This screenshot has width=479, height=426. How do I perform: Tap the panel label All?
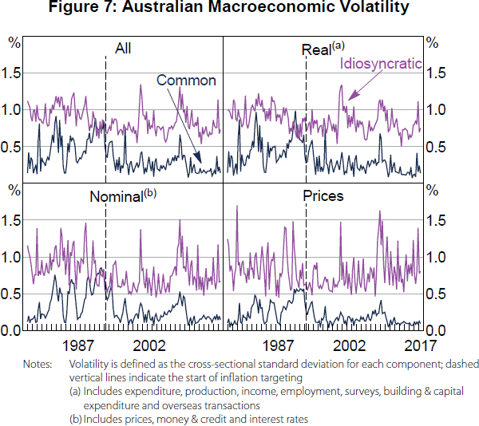click(x=123, y=49)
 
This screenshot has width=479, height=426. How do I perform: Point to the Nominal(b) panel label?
click(x=121, y=195)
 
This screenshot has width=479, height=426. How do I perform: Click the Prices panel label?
click(x=323, y=195)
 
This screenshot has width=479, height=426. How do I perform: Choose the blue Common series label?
click(x=186, y=80)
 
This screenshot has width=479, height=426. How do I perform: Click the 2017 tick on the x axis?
click(x=418, y=345)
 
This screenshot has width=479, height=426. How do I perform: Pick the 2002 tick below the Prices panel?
click(x=348, y=345)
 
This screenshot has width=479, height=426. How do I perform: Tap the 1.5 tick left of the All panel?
click(x=11, y=73)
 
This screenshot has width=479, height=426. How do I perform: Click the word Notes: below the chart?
click(x=39, y=364)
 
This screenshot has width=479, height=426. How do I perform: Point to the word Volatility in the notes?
click(x=93, y=364)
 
